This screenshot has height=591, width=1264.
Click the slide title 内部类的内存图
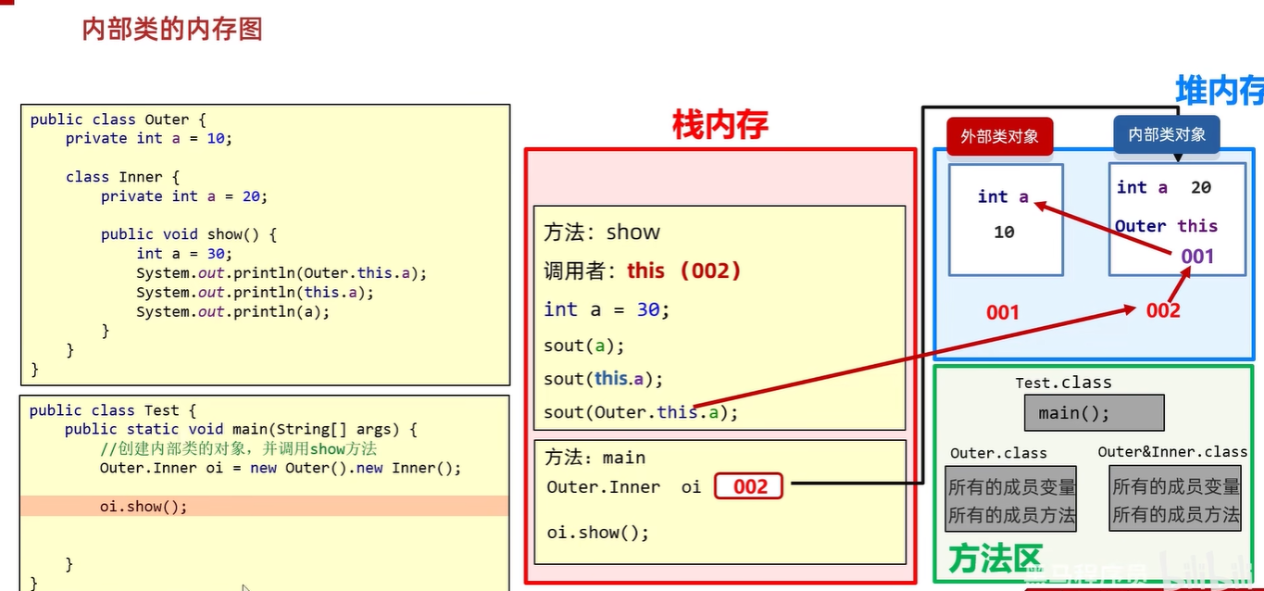(x=172, y=29)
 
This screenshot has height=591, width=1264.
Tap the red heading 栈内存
(x=720, y=124)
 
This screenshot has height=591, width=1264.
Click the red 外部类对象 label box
(x=999, y=136)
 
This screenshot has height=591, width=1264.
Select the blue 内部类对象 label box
(x=1166, y=134)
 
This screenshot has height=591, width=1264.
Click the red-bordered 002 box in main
(x=748, y=486)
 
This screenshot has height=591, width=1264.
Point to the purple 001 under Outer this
(x=1197, y=256)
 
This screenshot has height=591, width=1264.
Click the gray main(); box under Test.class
(x=1093, y=413)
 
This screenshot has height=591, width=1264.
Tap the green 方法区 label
(x=995, y=560)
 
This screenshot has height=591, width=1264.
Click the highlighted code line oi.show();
(x=144, y=507)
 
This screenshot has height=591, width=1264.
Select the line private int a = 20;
(x=183, y=195)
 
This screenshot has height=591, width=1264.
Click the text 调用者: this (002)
(x=643, y=270)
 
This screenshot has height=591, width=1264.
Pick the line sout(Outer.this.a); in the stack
(x=641, y=412)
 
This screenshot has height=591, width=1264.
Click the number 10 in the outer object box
(x=1004, y=233)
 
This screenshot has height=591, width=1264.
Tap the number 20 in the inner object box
(x=1200, y=188)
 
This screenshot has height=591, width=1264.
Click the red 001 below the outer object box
(x=1002, y=312)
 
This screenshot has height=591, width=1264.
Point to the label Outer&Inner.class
(x=1172, y=452)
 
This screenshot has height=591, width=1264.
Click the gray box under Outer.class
(x=1011, y=498)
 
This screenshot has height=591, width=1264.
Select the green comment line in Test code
(x=238, y=448)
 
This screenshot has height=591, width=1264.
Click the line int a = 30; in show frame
(x=607, y=309)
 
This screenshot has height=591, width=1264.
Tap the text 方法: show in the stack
(x=602, y=232)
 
